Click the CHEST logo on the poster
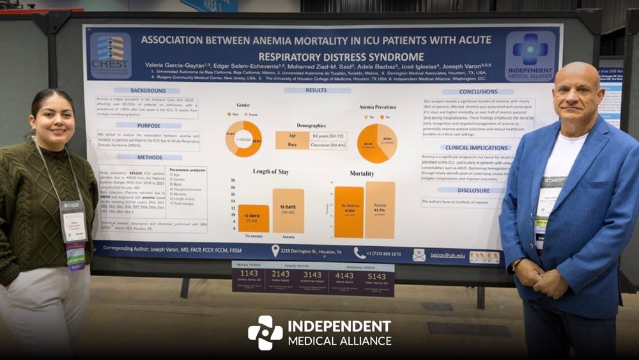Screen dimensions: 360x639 110,56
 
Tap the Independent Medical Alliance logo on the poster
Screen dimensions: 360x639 530,56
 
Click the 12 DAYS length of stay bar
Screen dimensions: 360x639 254,218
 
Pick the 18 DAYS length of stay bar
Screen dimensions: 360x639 288,210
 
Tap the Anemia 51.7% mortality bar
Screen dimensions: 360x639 380,210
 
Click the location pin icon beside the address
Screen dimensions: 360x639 275,251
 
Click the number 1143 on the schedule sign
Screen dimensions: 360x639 249,273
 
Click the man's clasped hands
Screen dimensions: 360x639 541,277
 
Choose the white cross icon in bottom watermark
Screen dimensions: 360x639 265,333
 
